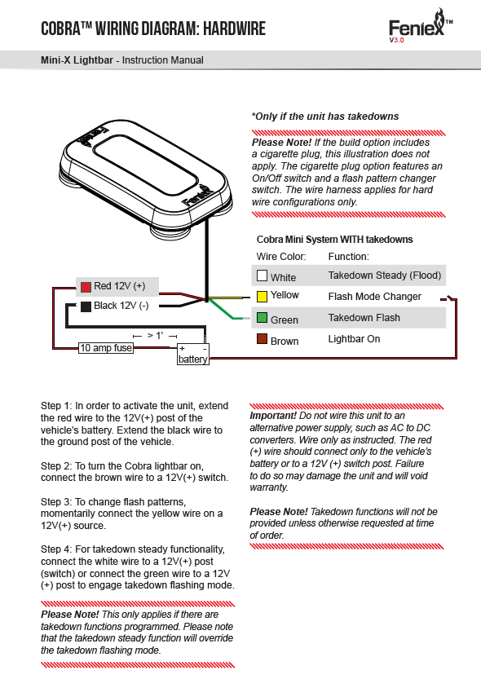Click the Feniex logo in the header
click(x=421, y=26)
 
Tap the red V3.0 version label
click(x=396, y=40)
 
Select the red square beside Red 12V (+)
click(x=86, y=287)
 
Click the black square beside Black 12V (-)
click(x=86, y=306)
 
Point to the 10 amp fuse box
click(x=106, y=348)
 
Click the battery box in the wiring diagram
click(x=193, y=355)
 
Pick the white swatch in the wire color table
click(x=262, y=276)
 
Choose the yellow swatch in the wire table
click(x=262, y=296)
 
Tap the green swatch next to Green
click(x=262, y=317)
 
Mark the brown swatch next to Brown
click(x=262, y=338)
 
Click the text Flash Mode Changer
click(x=374, y=297)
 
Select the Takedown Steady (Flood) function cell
click(x=385, y=276)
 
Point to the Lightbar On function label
click(x=354, y=339)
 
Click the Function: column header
click(x=348, y=256)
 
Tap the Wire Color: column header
click(x=281, y=256)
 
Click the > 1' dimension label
click(x=155, y=336)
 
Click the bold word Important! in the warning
click(x=273, y=416)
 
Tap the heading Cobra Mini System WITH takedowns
click(x=335, y=240)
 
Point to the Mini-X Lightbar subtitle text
click(x=77, y=60)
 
